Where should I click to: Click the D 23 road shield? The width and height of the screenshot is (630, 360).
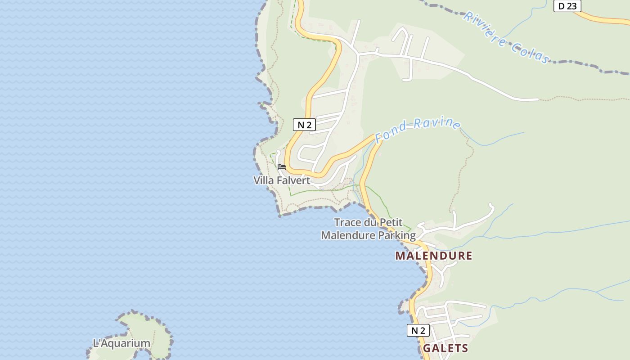point(567,6)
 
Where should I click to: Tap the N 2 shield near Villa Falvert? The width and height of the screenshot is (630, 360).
point(304,125)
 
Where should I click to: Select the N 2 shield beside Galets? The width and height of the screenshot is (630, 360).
point(418,330)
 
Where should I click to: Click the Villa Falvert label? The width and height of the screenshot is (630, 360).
point(282,180)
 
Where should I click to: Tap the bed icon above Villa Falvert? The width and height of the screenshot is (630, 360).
point(282,167)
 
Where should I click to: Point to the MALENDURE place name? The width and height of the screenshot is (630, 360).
point(434,256)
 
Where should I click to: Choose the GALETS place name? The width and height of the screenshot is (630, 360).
point(445,348)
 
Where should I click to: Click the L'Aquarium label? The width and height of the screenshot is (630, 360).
point(121,343)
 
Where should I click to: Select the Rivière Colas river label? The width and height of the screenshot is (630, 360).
point(507,38)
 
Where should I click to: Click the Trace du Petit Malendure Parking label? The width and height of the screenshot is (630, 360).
point(368,229)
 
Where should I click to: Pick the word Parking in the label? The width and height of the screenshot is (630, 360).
point(397,235)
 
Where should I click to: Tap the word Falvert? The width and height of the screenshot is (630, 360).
point(293,180)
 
